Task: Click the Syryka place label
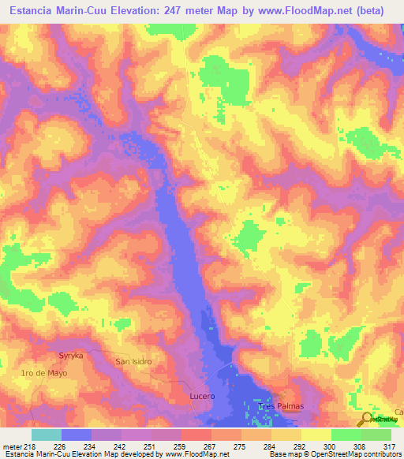point(72,356)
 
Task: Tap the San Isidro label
point(133,361)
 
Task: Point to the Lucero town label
point(202,395)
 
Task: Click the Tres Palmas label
point(281,406)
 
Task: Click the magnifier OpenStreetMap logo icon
point(367,419)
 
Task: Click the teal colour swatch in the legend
point(47,435)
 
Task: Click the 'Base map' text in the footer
point(282,454)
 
